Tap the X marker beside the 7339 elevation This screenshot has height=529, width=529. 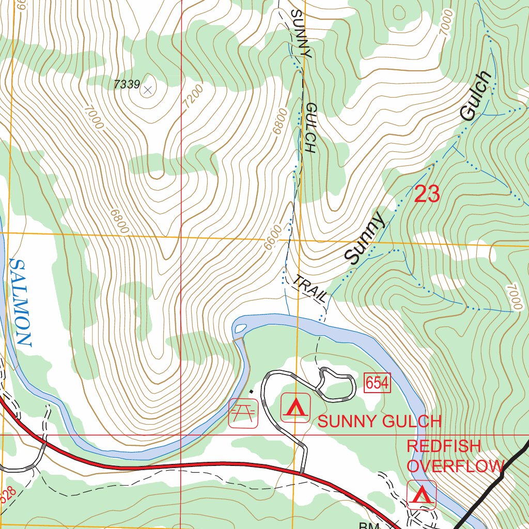(148, 90)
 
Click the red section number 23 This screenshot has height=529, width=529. (427, 195)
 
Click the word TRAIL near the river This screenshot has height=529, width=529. (310, 289)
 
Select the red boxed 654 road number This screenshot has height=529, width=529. (377, 383)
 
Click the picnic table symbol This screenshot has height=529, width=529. (243, 413)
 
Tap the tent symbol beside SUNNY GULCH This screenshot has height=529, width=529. (295, 408)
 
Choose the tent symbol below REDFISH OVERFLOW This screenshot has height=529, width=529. (422, 495)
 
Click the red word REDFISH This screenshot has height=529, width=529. (444, 446)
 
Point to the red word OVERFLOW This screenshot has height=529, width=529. (455, 465)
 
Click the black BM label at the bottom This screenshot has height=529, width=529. (370, 525)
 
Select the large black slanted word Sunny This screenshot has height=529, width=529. (365, 238)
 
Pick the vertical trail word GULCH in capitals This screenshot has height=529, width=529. (310, 128)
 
